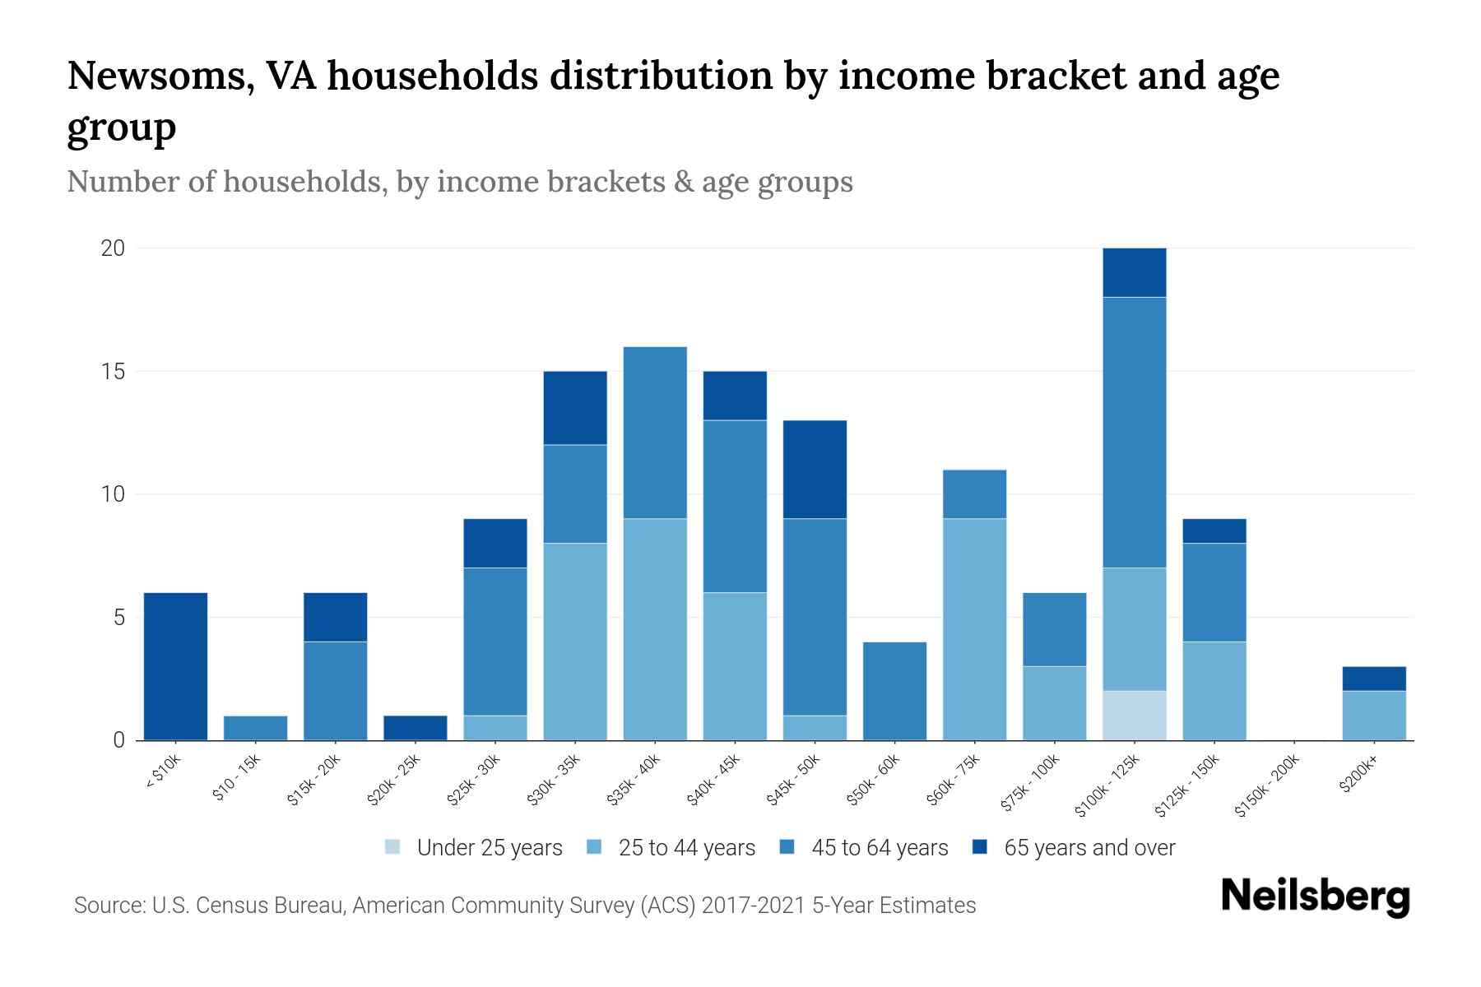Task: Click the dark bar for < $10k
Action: (x=175, y=666)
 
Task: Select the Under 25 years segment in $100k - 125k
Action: (x=1134, y=716)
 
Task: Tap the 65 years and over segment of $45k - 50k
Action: (x=815, y=469)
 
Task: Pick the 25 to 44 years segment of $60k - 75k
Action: (x=974, y=629)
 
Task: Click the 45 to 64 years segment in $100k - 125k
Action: (x=1134, y=432)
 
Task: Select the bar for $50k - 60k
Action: (x=894, y=691)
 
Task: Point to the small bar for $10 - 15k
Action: (x=255, y=728)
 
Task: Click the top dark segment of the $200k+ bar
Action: (x=1373, y=679)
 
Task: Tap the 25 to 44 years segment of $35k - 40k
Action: (x=655, y=629)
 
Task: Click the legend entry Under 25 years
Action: (x=489, y=848)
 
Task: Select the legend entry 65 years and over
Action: (x=1089, y=848)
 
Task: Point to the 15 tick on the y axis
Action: (x=112, y=372)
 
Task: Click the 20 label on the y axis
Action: (x=112, y=248)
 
